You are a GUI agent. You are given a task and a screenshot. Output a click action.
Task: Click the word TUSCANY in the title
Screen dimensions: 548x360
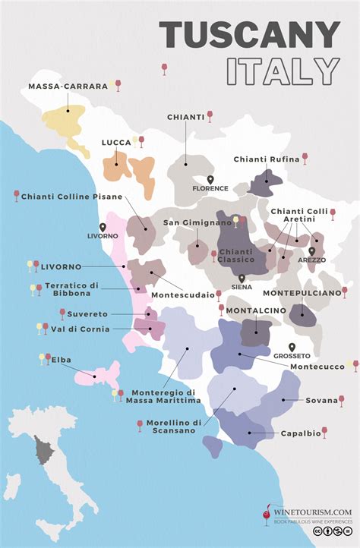[250, 36]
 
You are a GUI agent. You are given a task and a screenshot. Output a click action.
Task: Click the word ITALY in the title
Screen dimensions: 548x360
[283, 71]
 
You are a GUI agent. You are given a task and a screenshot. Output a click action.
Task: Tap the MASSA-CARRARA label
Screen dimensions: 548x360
[68, 87]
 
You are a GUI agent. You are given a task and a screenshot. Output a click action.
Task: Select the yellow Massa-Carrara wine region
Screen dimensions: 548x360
[64, 121]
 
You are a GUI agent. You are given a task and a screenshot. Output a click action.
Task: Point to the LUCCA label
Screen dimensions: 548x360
[116, 142]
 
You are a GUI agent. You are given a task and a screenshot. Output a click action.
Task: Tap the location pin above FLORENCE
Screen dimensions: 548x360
[210, 179]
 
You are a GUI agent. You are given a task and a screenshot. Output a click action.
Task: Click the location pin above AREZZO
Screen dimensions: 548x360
[311, 251]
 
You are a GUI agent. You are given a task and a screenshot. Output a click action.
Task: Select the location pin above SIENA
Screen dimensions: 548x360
[242, 279]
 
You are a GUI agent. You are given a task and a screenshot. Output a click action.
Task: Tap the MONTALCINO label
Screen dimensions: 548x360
[254, 310]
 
